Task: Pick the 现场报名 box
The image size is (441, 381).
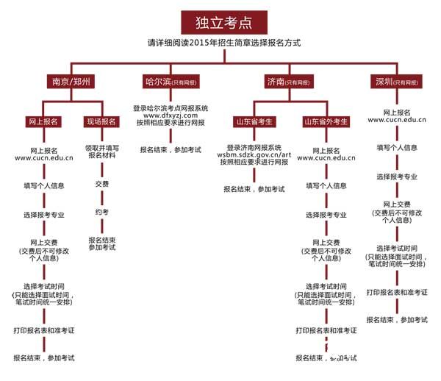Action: coord(101,121)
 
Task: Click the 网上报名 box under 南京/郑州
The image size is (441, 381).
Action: coord(43,121)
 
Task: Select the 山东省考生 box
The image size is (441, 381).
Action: coord(254,121)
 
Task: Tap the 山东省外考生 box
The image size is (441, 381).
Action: coord(326,121)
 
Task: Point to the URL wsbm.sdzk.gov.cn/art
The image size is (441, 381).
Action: coord(254,154)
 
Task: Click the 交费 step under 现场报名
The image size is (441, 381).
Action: coord(102,184)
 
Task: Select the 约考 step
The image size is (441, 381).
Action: coord(102,212)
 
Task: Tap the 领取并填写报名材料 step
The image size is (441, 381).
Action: coord(102,151)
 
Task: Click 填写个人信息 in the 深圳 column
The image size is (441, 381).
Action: coord(397,147)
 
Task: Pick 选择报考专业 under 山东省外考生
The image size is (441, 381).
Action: coord(326,215)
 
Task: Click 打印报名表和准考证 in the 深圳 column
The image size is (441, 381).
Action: coord(397,292)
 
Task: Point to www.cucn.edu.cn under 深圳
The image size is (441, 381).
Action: coord(397,119)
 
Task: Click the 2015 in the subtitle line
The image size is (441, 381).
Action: coord(198,43)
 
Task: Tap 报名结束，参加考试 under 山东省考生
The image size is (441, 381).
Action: coord(254,189)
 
